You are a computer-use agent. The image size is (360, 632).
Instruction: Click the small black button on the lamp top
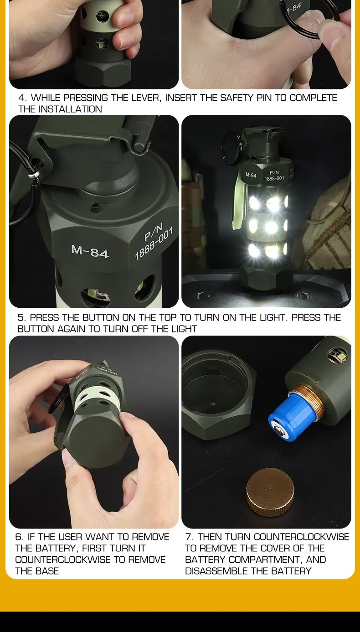click(95, 208)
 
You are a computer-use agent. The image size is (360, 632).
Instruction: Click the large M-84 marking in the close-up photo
click(90, 251)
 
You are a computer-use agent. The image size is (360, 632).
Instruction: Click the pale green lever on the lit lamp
click(238, 204)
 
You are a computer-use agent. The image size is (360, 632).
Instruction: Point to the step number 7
click(189, 537)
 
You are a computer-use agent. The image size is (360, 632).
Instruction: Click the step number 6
click(19, 537)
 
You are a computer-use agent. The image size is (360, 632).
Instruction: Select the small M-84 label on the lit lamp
click(251, 175)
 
